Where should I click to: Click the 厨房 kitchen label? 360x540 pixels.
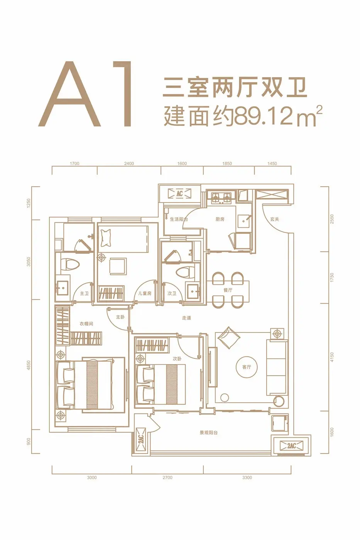tap(220, 219)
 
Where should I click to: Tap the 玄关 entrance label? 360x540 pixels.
tap(275, 219)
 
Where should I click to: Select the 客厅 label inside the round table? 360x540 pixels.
tap(247, 367)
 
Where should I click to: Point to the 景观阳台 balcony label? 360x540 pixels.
tap(209, 432)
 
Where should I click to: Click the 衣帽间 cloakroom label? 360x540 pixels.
tap(86, 324)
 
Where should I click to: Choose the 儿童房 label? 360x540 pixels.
tap(145, 293)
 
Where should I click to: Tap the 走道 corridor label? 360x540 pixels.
tap(187, 318)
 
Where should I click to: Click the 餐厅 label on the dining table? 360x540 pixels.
tap(228, 290)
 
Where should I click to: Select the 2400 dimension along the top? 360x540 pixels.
tap(129, 164)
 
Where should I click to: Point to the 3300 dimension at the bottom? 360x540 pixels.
tap(247, 478)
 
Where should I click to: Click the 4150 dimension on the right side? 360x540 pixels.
tap(332, 357)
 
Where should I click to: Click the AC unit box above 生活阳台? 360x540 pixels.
tap(180, 193)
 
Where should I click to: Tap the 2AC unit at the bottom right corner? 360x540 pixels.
tap(291, 445)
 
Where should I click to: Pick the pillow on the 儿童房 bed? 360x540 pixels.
tap(106, 238)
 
